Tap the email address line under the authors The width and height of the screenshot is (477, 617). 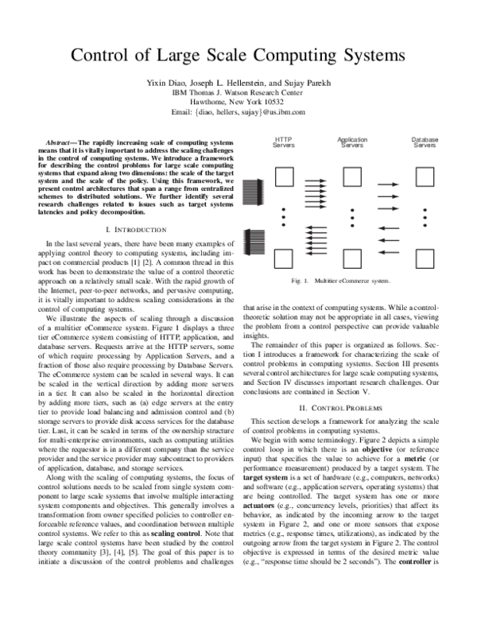(238, 112)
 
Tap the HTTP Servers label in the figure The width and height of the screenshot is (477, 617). (284, 143)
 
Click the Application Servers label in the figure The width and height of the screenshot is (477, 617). (352, 143)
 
